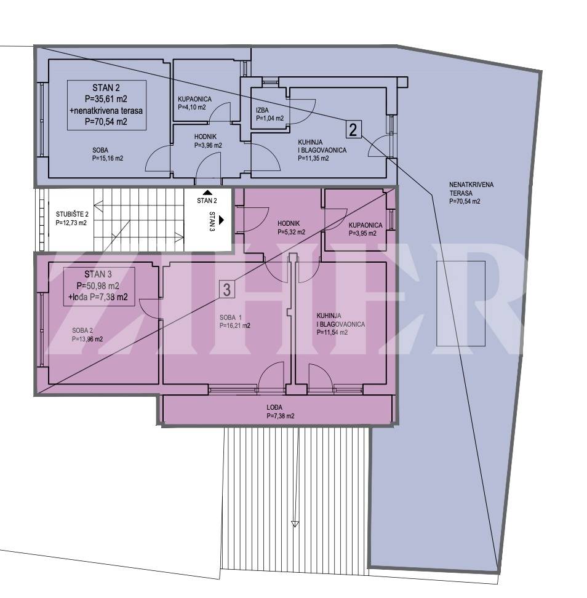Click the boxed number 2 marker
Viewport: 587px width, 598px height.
coord(354,129)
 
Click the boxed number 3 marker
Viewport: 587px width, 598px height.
coord(226,290)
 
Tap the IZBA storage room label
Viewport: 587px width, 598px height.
coord(270,114)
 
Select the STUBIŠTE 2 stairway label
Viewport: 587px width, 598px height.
coord(72,218)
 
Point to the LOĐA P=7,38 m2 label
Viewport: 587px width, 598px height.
coord(281,412)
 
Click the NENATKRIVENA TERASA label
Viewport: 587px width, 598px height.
coord(471,193)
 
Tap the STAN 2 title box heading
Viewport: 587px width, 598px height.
coord(106,88)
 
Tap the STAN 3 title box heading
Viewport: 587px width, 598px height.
coord(98,274)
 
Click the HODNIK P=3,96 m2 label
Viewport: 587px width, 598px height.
coord(208,141)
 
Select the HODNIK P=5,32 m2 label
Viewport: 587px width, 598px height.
coord(292,227)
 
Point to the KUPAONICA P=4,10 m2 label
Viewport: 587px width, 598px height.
coord(194,103)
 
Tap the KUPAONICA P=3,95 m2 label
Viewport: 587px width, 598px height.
coord(365,229)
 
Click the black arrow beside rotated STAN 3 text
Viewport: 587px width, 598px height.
coord(222,220)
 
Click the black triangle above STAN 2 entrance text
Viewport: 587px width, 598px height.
coord(207,193)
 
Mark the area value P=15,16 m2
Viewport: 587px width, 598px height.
coord(108,158)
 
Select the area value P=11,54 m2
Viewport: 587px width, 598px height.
coord(332,332)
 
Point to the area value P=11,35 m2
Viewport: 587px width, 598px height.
coord(313,158)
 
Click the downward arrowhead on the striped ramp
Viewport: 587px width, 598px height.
coord(295,524)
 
